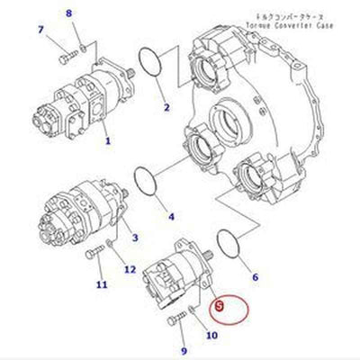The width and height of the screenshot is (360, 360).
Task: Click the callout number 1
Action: pyautogui.click(x=107, y=141)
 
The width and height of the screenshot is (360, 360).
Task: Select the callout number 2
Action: pyautogui.click(x=166, y=109)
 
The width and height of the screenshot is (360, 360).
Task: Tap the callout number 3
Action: pyautogui.click(x=135, y=238)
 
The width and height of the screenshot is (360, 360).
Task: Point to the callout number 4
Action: pyautogui.click(x=172, y=216)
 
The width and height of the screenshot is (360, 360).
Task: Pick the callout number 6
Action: pyautogui.click(x=255, y=277)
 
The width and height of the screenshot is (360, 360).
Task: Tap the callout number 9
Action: pyautogui.click(x=184, y=350)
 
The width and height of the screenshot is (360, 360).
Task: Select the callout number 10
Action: pyautogui.click(x=211, y=336)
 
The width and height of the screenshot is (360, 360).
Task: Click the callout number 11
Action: pyautogui.click(x=101, y=285)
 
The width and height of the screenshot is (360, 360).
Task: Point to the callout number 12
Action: pyautogui.click(x=130, y=269)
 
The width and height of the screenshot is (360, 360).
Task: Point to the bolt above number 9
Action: pyautogui.click(x=175, y=319)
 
